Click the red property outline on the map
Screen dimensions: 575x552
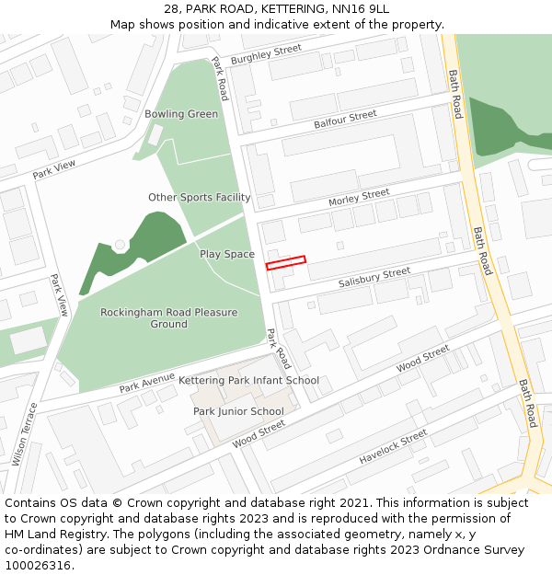click(285, 263)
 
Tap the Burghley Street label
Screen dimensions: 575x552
click(266, 54)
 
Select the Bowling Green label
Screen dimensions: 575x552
click(181, 114)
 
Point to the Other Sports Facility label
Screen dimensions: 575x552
click(200, 198)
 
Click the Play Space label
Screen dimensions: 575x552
click(227, 254)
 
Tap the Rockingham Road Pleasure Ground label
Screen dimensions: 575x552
click(168, 318)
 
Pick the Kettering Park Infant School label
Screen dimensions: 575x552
click(248, 380)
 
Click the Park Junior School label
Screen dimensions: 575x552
click(238, 411)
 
